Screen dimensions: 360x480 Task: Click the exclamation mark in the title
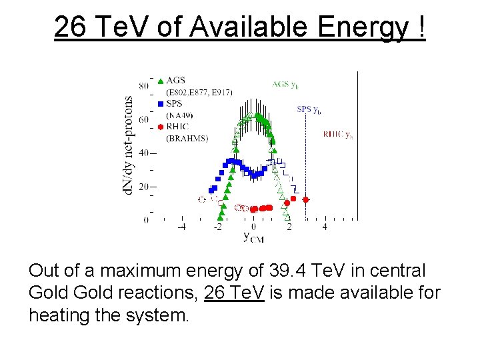[x=420, y=27]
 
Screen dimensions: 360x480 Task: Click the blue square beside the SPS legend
[x=161, y=104]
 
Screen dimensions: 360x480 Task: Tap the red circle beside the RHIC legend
[x=161, y=127]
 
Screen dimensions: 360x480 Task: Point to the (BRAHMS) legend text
[x=187, y=139]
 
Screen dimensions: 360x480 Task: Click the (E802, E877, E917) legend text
[x=199, y=92]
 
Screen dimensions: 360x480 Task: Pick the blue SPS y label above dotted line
[x=309, y=109]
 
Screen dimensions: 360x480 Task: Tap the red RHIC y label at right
[x=338, y=134]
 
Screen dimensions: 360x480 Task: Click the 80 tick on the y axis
[x=143, y=86]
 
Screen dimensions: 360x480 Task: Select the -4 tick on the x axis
[x=181, y=227]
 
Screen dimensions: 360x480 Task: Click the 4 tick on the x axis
[x=325, y=227]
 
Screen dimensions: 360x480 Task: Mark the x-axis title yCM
[x=253, y=237]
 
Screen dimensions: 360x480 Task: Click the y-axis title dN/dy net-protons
[x=128, y=146]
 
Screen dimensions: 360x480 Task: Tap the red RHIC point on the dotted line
[x=306, y=199]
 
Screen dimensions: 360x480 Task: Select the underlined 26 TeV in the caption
[x=234, y=292]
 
